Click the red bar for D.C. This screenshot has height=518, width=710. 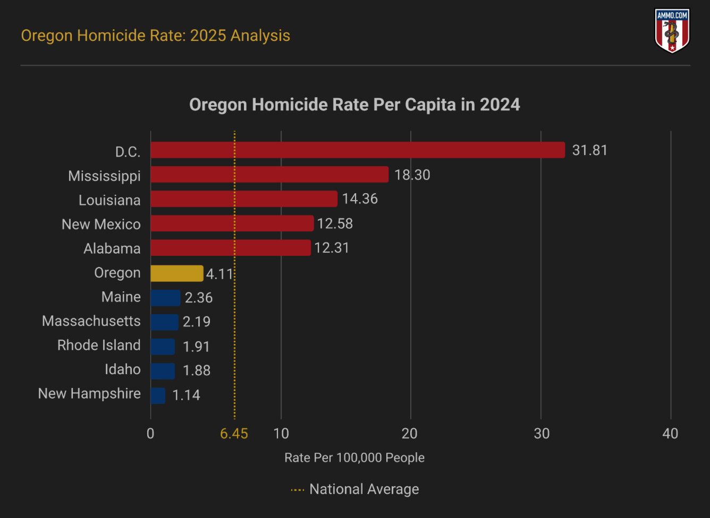click(x=357, y=150)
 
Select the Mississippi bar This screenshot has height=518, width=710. click(x=269, y=175)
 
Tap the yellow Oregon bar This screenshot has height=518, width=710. click(x=176, y=273)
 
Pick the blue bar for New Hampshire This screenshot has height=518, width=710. click(x=158, y=395)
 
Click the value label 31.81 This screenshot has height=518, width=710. click(x=589, y=150)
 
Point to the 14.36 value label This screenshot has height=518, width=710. click(x=360, y=199)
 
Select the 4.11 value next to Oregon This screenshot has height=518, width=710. click(x=219, y=274)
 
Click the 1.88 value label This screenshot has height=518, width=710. click(x=197, y=370)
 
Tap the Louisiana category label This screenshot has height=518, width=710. click(x=109, y=200)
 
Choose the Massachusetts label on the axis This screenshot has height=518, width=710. click(x=91, y=321)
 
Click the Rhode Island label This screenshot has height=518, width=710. click(x=99, y=346)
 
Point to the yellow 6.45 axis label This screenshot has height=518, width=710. click(x=234, y=434)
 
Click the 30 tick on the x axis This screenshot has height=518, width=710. click(x=542, y=434)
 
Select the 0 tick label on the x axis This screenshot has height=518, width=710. click(x=150, y=434)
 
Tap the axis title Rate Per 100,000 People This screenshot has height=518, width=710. click(x=354, y=457)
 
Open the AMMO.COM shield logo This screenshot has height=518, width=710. click(x=672, y=30)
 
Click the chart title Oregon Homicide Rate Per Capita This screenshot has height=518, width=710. click(x=354, y=105)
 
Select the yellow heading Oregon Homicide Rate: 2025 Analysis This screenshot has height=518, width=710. click(x=156, y=36)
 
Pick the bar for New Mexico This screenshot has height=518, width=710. click(x=232, y=223)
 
